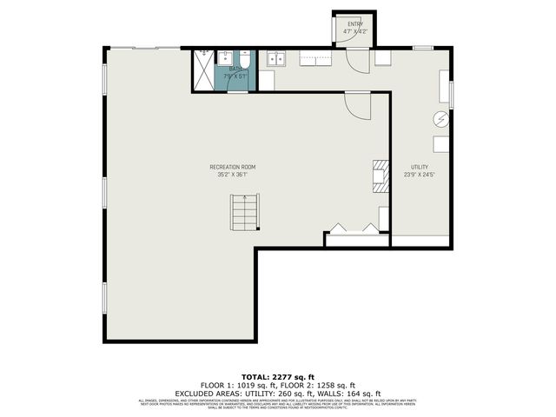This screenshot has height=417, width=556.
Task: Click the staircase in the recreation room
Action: point(244,213)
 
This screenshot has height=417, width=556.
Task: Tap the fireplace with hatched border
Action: point(380,175)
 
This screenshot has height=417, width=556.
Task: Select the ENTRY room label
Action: point(355,23)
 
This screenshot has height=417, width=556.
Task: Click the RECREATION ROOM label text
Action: point(232,167)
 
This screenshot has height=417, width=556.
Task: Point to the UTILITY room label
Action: point(420,167)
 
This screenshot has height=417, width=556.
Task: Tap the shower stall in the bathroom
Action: point(204,69)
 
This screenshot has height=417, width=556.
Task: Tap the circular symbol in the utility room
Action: point(441,119)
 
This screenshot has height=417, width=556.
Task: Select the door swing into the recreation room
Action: point(357,104)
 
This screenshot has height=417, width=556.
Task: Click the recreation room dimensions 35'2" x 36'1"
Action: point(232,175)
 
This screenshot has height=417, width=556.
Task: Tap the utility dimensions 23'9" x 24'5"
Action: point(420,175)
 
